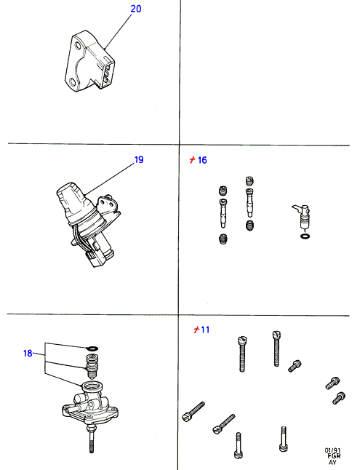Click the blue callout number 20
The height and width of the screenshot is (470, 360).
click(136, 9)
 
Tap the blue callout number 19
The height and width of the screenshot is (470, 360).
click(139, 160)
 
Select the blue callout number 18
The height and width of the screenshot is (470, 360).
click(28, 354)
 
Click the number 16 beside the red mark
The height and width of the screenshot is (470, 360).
click(202, 160)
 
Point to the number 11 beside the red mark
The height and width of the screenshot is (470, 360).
click(205, 330)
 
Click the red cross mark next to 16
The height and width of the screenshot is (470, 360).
click(193, 160)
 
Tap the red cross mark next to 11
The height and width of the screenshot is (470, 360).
click(196, 330)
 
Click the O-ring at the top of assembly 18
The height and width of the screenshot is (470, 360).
click(92, 348)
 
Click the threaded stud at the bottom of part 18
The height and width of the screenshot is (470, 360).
click(91, 439)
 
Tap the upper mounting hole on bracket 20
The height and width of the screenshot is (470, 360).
click(78, 47)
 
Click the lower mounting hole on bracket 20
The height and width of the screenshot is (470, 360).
click(72, 81)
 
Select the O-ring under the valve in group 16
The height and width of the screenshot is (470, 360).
click(305, 236)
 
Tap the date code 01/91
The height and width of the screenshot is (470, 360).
click(332, 450)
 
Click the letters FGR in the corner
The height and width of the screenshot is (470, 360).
click(333, 456)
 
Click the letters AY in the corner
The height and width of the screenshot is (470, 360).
click(332, 462)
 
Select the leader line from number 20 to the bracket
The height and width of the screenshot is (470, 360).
click(119, 31)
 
